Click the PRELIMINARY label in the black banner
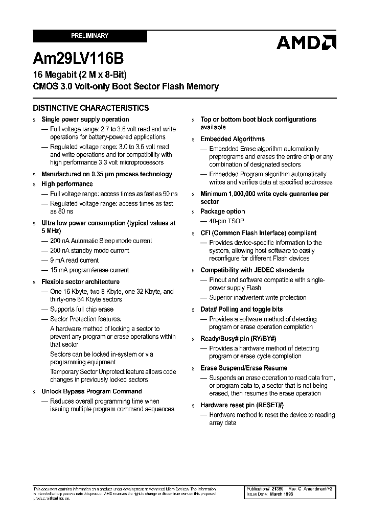pos(89,36)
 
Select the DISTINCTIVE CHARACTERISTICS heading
pos(91,108)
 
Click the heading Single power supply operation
pos(85,120)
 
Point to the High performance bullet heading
pos(67,184)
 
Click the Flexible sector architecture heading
pos(80,282)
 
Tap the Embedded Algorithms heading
pos(233,139)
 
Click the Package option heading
pos(222,212)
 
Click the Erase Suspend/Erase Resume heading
pos(244,368)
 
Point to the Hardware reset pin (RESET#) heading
pos(242,405)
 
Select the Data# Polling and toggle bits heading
pos(241,310)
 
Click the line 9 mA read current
pos(74,261)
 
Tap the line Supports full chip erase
pos(82,310)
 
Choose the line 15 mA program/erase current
pos(89,270)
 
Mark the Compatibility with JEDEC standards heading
pos(252,270)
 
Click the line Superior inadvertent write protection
pos(258,298)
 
